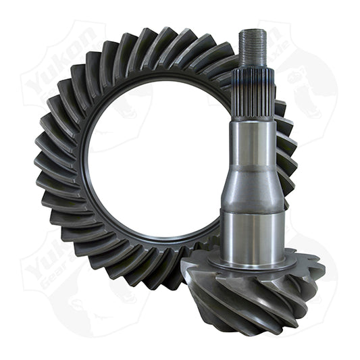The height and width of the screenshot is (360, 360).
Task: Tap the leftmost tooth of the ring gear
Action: [x=46, y=162]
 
